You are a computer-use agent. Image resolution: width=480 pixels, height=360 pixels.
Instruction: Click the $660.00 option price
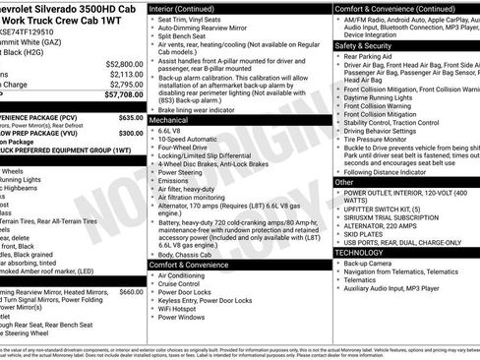[x=131, y=292]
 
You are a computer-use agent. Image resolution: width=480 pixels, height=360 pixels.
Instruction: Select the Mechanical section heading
[x=170, y=119]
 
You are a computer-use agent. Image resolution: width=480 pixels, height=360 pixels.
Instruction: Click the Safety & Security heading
[x=363, y=45]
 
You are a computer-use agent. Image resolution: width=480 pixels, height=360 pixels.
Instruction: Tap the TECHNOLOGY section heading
[x=359, y=253]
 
